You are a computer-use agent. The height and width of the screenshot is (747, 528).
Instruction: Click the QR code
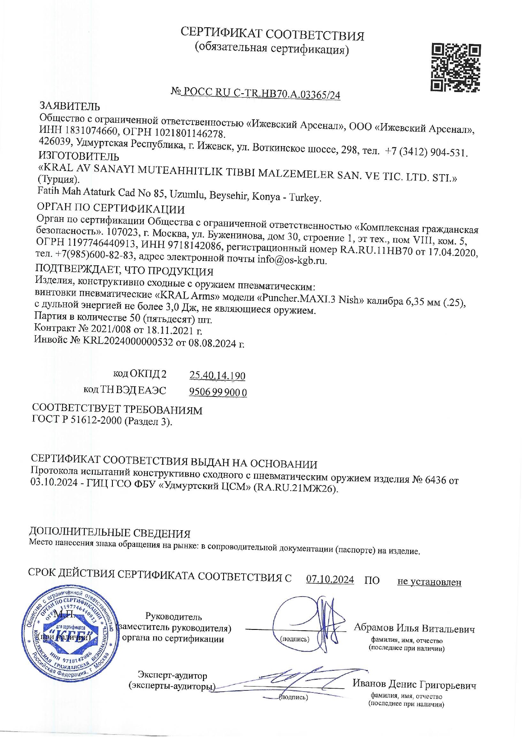tap(456, 68)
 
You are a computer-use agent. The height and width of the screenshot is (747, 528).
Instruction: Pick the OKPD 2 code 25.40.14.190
tap(217, 376)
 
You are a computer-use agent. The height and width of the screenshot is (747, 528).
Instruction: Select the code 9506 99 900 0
tap(218, 392)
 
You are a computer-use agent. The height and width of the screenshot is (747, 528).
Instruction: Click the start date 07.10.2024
tap(330, 580)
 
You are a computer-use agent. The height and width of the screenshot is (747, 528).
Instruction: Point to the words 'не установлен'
tap(429, 582)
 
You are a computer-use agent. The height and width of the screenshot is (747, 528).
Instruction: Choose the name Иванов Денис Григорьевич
tap(414, 684)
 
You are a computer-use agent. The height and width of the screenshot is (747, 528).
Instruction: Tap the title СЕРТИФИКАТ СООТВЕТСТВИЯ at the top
tap(273, 34)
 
